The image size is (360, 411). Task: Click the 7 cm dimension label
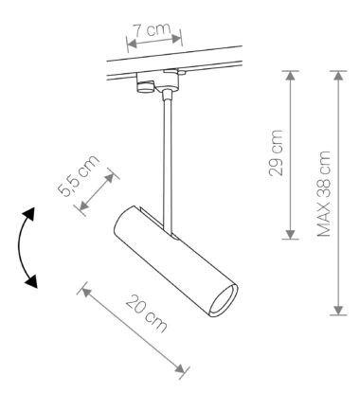click(x=152, y=29)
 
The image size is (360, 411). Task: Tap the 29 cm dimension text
click(x=276, y=152)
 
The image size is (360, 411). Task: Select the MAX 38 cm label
click(x=324, y=193)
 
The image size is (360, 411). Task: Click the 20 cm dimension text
click(x=147, y=313)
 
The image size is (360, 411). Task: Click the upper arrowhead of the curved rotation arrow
click(x=29, y=214)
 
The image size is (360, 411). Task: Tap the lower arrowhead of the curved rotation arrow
click(x=31, y=281)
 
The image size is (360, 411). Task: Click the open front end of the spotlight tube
click(x=224, y=299)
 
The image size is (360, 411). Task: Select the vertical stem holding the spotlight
click(x=168, y=164)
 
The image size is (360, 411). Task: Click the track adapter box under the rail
click(x=158, y=82)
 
